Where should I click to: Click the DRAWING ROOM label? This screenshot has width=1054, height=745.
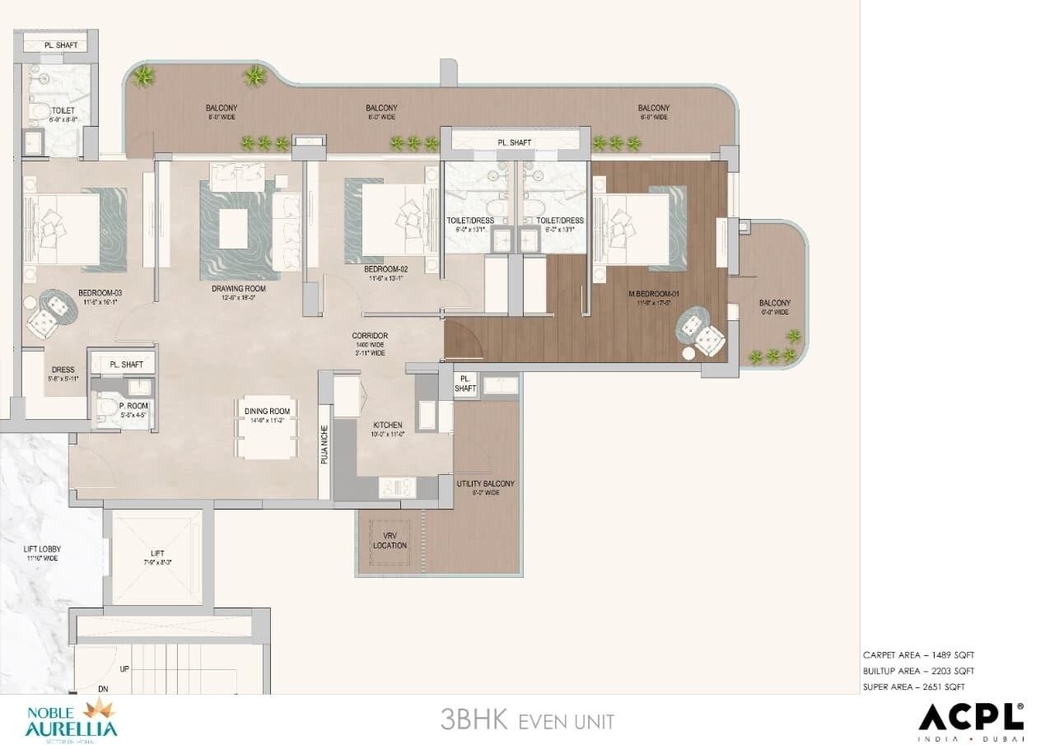(x=238, y=289)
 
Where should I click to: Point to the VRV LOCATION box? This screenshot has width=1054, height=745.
(x=389, y=540)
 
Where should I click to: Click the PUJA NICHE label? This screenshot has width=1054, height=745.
(x=324, y=445)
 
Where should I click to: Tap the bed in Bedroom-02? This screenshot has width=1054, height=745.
(x=394, y=219)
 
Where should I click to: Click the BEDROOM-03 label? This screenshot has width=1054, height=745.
(x=101, y=293)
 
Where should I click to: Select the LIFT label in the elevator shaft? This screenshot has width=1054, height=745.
(x=157, y=554)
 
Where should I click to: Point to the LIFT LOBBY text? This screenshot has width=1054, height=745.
(x=42, y=549)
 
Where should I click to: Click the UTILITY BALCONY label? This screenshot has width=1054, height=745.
(x=486, y=484)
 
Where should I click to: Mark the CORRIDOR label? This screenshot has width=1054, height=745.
(x=370, y=336)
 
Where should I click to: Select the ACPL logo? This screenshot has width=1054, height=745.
(x=971, y=718)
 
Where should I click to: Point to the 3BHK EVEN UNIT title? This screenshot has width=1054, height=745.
(x=527, y=721)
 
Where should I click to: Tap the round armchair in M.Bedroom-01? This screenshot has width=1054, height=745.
(x=708, y=338)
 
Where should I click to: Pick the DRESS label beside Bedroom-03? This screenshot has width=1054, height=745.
(x=63, y=370)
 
